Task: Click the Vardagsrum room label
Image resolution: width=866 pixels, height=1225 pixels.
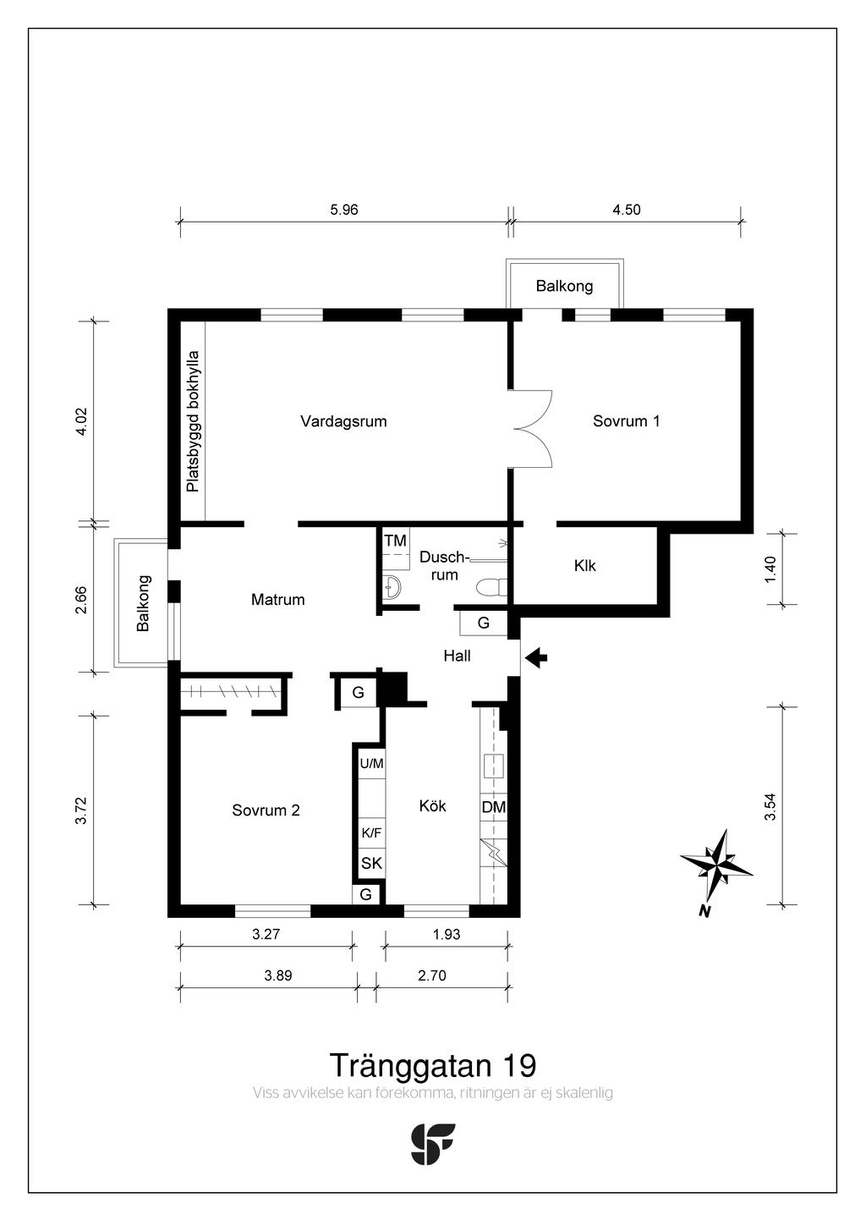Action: (x=343, y=421)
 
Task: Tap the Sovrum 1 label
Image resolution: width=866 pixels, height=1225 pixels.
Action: (x=626, y=421)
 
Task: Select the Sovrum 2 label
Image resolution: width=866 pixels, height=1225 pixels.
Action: (x=266, y=810)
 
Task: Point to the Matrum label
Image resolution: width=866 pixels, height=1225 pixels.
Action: (x=277, y=599)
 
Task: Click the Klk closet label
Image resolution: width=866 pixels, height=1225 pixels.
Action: (x=584, y=565)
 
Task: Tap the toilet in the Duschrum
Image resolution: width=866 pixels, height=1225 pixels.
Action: (x=491, y=587)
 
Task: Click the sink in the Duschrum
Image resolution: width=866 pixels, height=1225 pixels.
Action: (x=392, y=586)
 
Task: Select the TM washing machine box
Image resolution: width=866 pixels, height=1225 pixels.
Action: (x=395, y=541)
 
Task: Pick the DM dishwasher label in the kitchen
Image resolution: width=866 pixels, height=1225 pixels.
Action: (x=493, y=807)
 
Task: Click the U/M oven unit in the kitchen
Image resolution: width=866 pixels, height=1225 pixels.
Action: (x=371, y=763)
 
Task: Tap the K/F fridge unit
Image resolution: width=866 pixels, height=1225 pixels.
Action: (x=371, y=833)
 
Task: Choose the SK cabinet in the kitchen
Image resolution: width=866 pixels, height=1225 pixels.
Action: (x=371, y=863)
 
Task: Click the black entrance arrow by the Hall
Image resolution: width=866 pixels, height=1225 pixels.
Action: (x=536, y=657)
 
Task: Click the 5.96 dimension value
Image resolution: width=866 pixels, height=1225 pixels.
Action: (x=344, y=210)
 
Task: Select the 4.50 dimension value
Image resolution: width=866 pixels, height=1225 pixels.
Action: (x=627, y=210)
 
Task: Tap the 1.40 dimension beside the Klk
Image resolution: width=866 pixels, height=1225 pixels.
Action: (x=770, y=569)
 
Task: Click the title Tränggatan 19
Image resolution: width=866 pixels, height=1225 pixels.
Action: (x=432, y=1065)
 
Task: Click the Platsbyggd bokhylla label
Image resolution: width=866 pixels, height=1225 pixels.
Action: (x=193, y=421)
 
